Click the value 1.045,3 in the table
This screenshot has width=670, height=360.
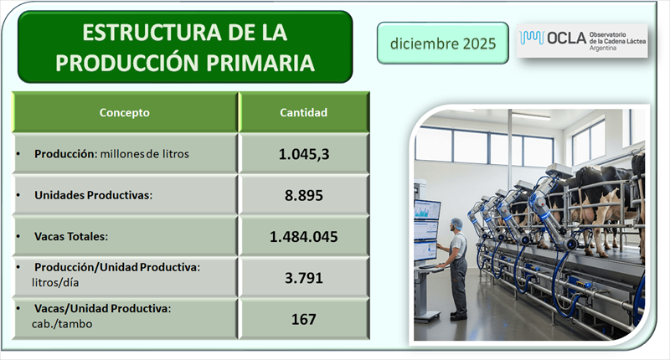(303, 154)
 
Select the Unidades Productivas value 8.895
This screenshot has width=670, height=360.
(303, 195)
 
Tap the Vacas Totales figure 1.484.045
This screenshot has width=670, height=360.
(303, 237)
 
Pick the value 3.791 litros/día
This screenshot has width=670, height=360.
(303, 278)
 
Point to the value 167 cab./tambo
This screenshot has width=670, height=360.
(303, 319)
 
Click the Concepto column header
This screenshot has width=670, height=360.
(125, 112)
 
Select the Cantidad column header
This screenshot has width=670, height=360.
(303, 112)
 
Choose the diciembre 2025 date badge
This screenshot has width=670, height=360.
(442, 43)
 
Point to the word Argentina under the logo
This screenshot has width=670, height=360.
(603, 49)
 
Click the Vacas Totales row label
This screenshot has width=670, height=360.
(74, 237)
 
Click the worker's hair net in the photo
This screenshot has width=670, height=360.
(456, 224)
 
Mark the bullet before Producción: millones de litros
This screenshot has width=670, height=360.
(20, 155)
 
